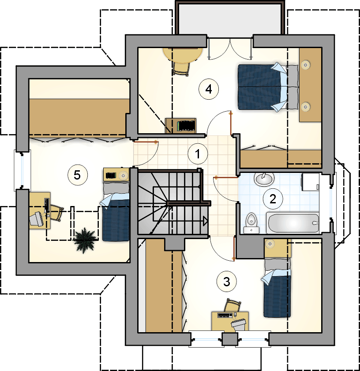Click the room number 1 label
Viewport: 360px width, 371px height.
(198, 154)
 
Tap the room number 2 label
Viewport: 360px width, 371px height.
(273, 199)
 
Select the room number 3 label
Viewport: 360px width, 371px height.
(227, 281)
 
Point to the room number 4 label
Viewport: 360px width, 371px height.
(209, 89)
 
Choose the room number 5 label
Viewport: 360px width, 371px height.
(77, 175)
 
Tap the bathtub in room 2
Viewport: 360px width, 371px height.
(292, 222)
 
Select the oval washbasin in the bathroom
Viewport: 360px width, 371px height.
(264, 179)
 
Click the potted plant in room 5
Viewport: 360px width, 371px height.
(85, 240)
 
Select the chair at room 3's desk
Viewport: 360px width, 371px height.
(232, 305)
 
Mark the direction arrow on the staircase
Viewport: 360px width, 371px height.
(205, 221)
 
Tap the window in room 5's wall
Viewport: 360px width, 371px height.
(22, 170)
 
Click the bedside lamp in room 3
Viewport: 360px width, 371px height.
(270, 244)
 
